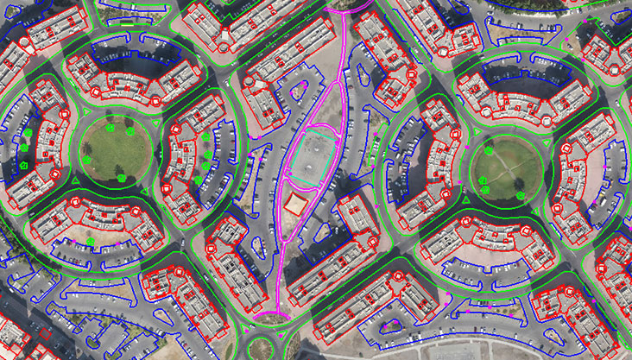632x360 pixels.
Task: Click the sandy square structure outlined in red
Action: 296,202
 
